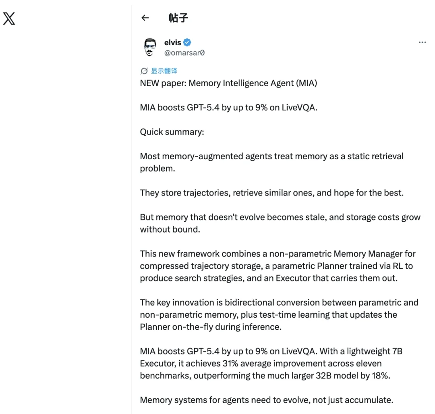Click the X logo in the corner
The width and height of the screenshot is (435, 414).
click(x=9, y=19)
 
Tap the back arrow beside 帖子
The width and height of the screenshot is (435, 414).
click(x=145, y=18)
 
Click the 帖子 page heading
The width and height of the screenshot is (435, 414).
click(x=178, y=18)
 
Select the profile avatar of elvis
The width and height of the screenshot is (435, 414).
click(x=150, y=47)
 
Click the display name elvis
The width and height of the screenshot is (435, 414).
click(x=172, y=42)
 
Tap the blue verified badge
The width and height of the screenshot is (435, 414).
click(x=187, y=42)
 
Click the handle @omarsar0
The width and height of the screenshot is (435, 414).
click(x=184, y=53)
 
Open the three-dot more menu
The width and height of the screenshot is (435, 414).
click(x=422, y=42)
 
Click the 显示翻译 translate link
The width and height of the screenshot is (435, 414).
click(x=164, y=71)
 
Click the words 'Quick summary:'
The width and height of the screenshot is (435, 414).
click(x=172, y=132)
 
